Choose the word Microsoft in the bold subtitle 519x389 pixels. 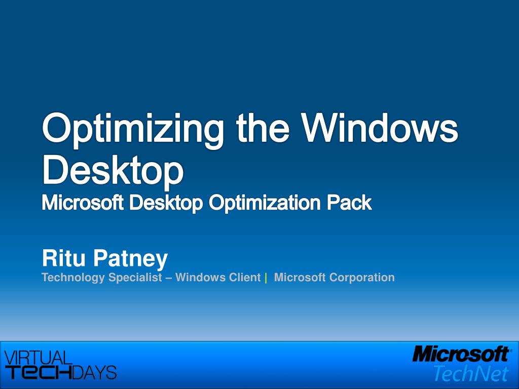coord(82,204)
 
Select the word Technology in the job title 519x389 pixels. coord(73,278)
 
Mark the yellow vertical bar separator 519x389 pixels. coord(266,278)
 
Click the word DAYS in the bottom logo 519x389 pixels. coord(94,372)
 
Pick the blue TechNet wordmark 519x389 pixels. coord(470,373)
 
